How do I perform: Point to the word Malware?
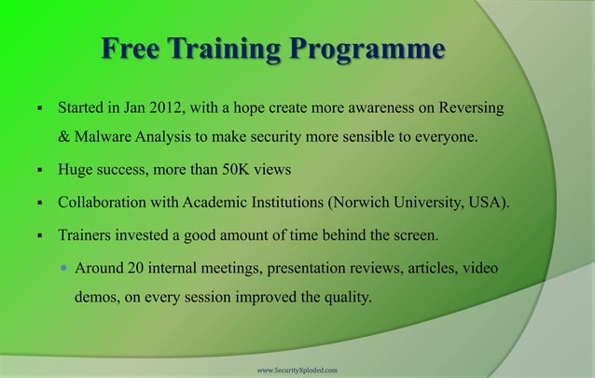(104, 139)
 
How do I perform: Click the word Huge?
(76, 171)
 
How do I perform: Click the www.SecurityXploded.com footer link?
(297, 370)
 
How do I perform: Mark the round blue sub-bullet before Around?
(63, 269)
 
